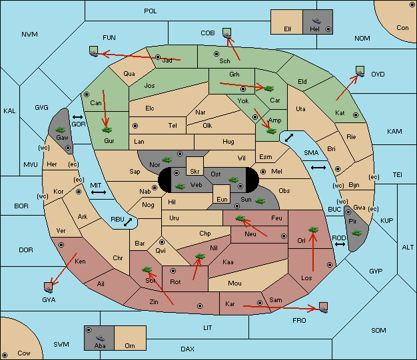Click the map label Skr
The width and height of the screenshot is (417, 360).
point(195,172)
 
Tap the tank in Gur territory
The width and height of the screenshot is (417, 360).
point(107,130)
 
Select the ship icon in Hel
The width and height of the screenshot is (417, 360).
point(316,21)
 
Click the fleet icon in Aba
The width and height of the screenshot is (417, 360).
point(100,338)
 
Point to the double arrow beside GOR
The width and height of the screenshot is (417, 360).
point(78,117)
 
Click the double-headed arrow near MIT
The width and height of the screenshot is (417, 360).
point(99,192)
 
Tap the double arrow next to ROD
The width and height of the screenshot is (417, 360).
point(340,244)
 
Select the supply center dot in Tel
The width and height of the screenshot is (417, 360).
point(135,125)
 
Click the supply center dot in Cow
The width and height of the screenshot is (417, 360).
point(5,355)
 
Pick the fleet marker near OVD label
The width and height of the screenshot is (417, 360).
point(360,71)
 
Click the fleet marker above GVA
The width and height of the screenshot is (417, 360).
point(49,287)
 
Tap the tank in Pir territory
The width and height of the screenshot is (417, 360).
point(356,233)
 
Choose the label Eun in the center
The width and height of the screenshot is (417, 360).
point(222,199)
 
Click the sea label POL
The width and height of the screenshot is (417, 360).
point(151,11)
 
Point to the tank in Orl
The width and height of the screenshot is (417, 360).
point(313,230)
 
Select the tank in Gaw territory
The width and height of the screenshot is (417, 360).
point(61,130)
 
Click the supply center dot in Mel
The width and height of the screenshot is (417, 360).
point(263,172)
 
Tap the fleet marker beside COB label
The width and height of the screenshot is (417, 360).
point(227,33)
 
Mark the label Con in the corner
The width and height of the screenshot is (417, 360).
point(402,28)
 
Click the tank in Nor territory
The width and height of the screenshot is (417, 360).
point(167,160)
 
